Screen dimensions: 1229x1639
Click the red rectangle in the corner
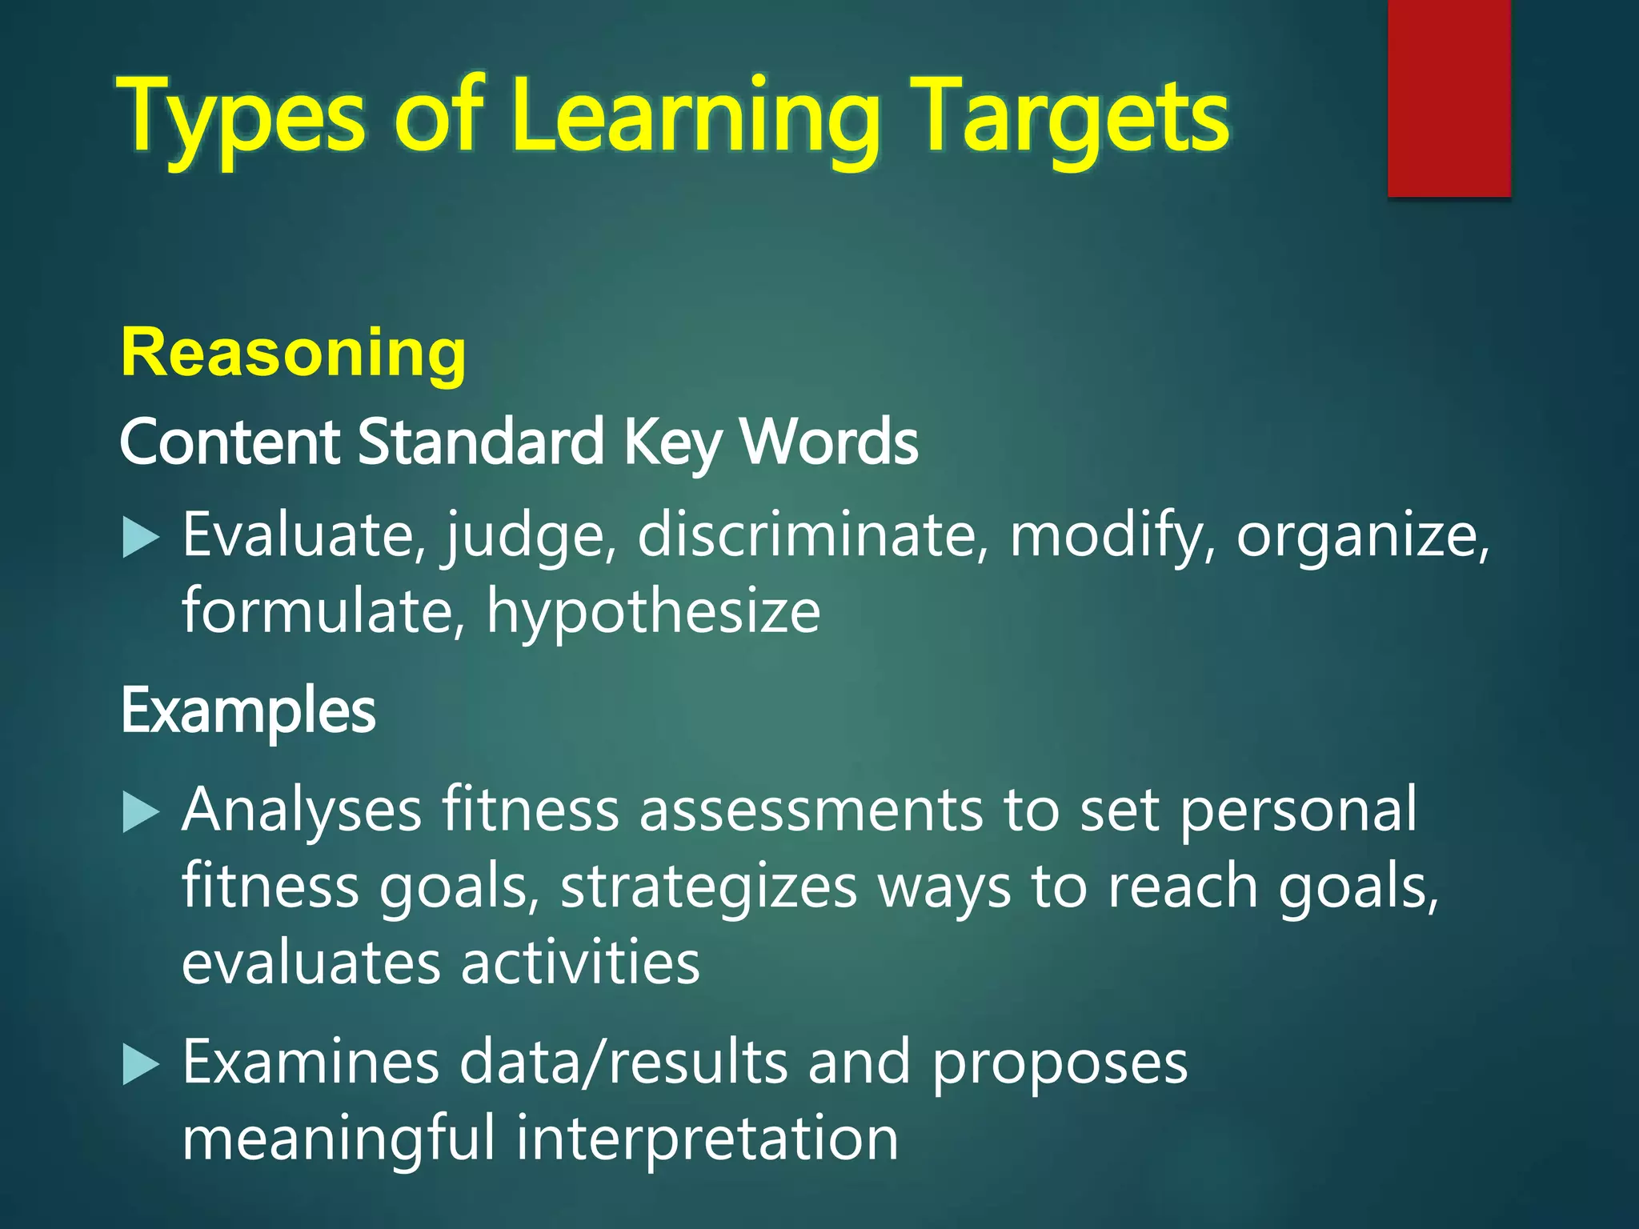1449,98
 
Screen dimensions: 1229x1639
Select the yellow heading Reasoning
293,353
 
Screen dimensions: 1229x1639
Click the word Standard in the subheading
480,442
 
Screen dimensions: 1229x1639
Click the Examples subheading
248,711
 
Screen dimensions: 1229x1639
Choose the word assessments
811,810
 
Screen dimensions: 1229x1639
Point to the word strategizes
708,887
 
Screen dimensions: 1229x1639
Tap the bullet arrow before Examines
142,1066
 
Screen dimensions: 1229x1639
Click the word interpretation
707,1139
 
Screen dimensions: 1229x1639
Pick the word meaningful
339,1139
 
